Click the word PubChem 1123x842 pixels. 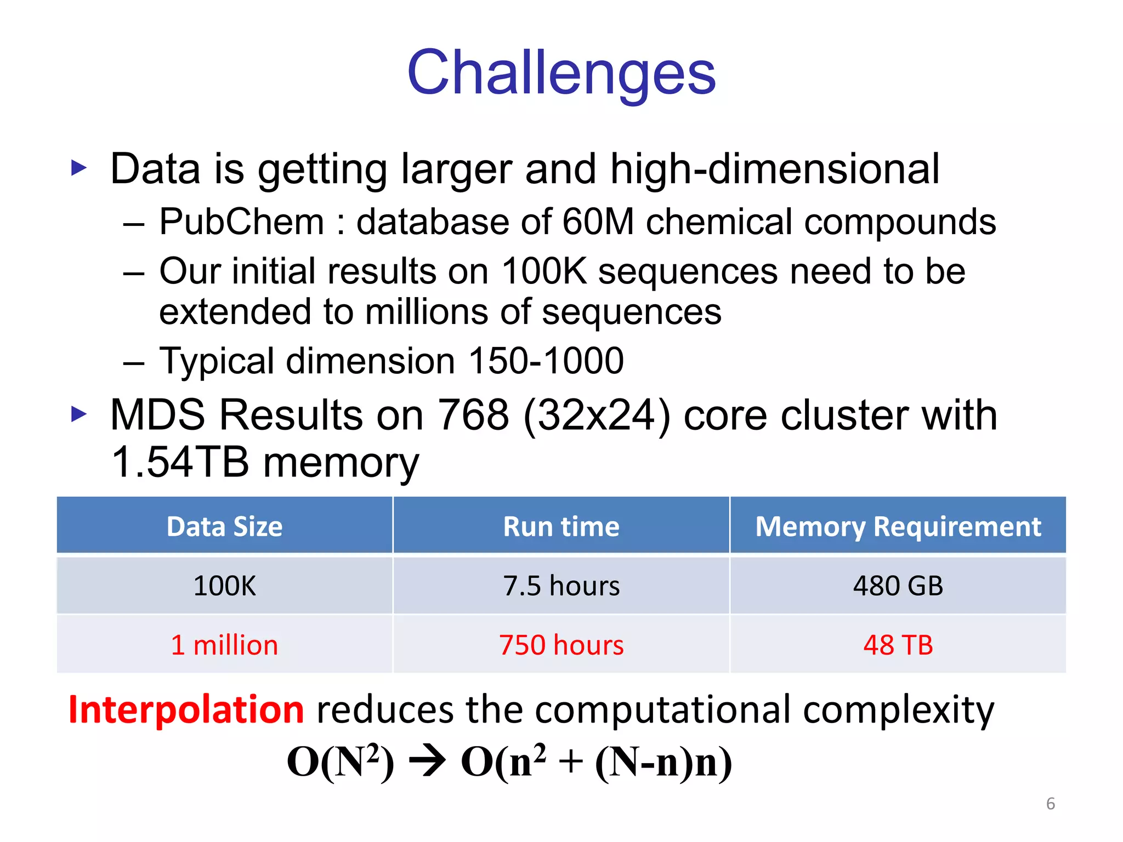coord(242,222)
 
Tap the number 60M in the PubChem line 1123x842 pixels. coord(598,222)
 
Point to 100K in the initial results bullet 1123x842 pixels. coord(543,271)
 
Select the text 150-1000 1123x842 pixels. coord(546,361)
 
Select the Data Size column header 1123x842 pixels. coord(224,526)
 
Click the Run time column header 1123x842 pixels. coord(561,526)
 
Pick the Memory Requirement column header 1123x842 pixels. coord(898,526)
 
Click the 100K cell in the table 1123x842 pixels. coord(224,585)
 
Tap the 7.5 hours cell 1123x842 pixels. coord(561,585)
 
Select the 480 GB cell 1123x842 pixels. coord(898,585)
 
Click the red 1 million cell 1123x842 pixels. coord(224,645)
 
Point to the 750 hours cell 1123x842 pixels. coord(561,645)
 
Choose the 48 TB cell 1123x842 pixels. coord(898,645)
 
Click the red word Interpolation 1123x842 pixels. coord(186,709)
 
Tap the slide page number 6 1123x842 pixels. coord(1050,804)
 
